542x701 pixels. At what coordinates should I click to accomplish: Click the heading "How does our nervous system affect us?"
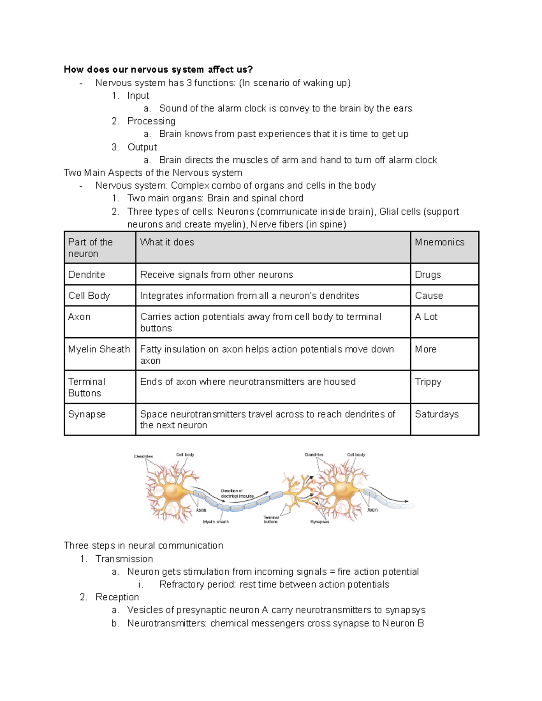[158, 70]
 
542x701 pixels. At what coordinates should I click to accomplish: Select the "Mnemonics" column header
[439, 242]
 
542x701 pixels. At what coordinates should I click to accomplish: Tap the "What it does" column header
[167, 242]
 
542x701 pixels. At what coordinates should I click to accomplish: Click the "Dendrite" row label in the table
[87, 275]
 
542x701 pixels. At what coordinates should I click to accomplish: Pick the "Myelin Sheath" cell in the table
[99, 349]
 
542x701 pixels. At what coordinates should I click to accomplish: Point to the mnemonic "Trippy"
[428, 382]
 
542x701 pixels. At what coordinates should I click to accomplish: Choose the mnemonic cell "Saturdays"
[437, 414]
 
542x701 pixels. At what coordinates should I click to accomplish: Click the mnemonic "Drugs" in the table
[428, 275]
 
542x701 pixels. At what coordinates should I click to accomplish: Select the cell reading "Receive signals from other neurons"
[216, 275]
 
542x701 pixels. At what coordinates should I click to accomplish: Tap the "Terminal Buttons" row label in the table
[86, 387]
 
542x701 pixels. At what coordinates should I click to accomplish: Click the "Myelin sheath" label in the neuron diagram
[216, 522]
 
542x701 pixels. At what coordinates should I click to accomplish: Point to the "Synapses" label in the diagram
[319, 522]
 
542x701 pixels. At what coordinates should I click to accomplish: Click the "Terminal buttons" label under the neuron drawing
[271, 520]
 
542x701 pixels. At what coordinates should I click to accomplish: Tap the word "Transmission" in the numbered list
[124, 559]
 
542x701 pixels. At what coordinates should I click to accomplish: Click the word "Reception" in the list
[117, 597]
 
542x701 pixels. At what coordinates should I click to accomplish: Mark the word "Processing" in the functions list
[151, 121]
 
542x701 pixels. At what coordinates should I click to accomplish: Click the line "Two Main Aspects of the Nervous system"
[153, 173]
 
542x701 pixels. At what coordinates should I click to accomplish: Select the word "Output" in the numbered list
[142, 148]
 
